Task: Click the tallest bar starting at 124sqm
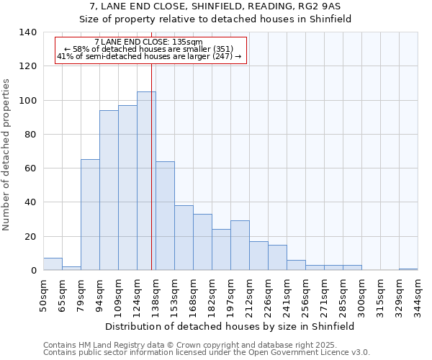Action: pos(146,181)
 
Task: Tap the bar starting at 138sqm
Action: pos(165,216)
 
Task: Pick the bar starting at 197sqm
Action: pos(240,246)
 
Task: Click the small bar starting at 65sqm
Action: pos(71,269)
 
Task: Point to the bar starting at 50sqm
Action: pos(53,264)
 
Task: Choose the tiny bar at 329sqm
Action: pos(408,269)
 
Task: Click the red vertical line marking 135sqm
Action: pos(151,180)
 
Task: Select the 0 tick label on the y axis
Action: pos(33,271)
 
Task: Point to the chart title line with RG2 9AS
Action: pos(215,6)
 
